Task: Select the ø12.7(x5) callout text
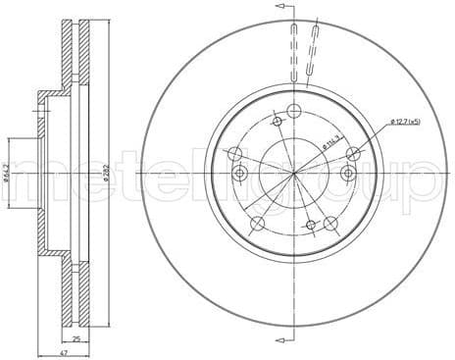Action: tap(404, 121)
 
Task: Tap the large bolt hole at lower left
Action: tap(258, 224)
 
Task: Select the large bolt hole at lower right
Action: tap(330, 225)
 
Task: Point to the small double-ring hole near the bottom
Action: tap(306, 225)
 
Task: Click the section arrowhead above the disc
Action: tap(281, 9)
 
